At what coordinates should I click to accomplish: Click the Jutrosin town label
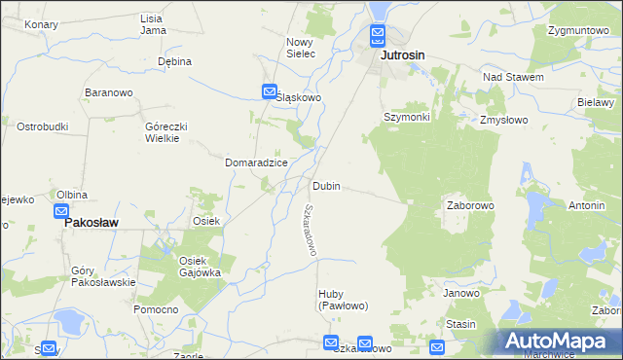click(x=403, y=56)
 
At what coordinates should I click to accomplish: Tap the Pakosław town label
click(x=91, y=222)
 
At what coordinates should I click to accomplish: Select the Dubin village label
click(x=326, y=186)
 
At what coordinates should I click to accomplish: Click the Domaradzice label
click(x=256, y=162)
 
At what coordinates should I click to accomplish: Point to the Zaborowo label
click(x=471, y=206)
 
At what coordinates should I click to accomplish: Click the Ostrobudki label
click(x=42, y=126)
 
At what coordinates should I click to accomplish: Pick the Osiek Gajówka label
click(x=201, y=267)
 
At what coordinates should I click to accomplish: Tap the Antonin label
click(x=587, y=206)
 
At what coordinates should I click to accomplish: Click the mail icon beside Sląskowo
click(x=270, y=92)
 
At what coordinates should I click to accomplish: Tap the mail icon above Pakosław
click(x=61, y=210)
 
